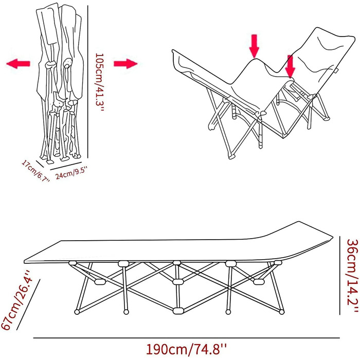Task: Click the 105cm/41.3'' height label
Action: (x=100, y=82)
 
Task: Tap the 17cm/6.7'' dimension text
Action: (x=36, y=171)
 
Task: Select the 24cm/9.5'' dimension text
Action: (x=71, y=173)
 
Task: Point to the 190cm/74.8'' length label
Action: (x=186, y=350)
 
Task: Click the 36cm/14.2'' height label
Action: (x=352, y=276)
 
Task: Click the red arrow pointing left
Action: (x=18, y=64)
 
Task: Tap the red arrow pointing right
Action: (x=125, y=64)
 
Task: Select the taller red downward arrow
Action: (x=254, y=46)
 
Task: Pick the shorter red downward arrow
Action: (x=290, y=66)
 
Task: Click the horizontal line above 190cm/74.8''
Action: (x=186, y=338)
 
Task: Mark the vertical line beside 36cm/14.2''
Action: (x=340, y=275)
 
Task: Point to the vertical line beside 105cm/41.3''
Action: (x=88, y=82)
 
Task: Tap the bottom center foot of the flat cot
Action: (x=178, y=311)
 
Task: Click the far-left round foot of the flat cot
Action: (x=77, y=312)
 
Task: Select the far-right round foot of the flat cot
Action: (x=282, y=312)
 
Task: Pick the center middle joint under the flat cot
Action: (x=178, y=281)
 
